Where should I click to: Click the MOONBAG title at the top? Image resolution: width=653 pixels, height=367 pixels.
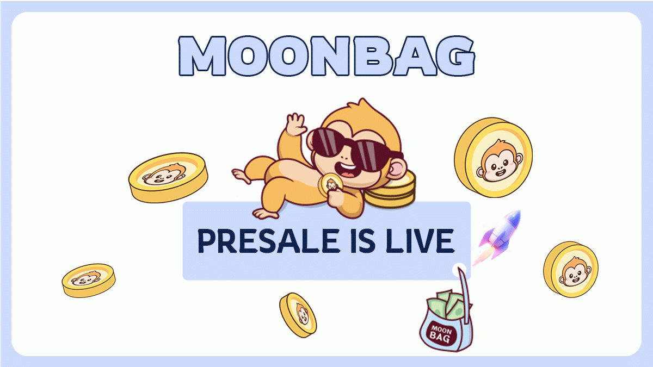point(326,56)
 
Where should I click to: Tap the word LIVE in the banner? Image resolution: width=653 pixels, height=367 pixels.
point(418,241)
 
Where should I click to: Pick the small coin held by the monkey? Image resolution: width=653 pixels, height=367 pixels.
point(330,185)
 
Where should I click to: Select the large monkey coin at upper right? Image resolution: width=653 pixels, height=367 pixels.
point(493,157)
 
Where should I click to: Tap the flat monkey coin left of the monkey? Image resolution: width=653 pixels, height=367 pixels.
point(168,177)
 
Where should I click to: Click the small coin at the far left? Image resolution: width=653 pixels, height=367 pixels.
point(88,280)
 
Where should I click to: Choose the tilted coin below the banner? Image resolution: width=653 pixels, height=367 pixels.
point(298,314)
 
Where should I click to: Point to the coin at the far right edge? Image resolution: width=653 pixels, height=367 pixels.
point(570,269)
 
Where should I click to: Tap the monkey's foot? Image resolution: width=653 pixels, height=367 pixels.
point(239,175)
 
